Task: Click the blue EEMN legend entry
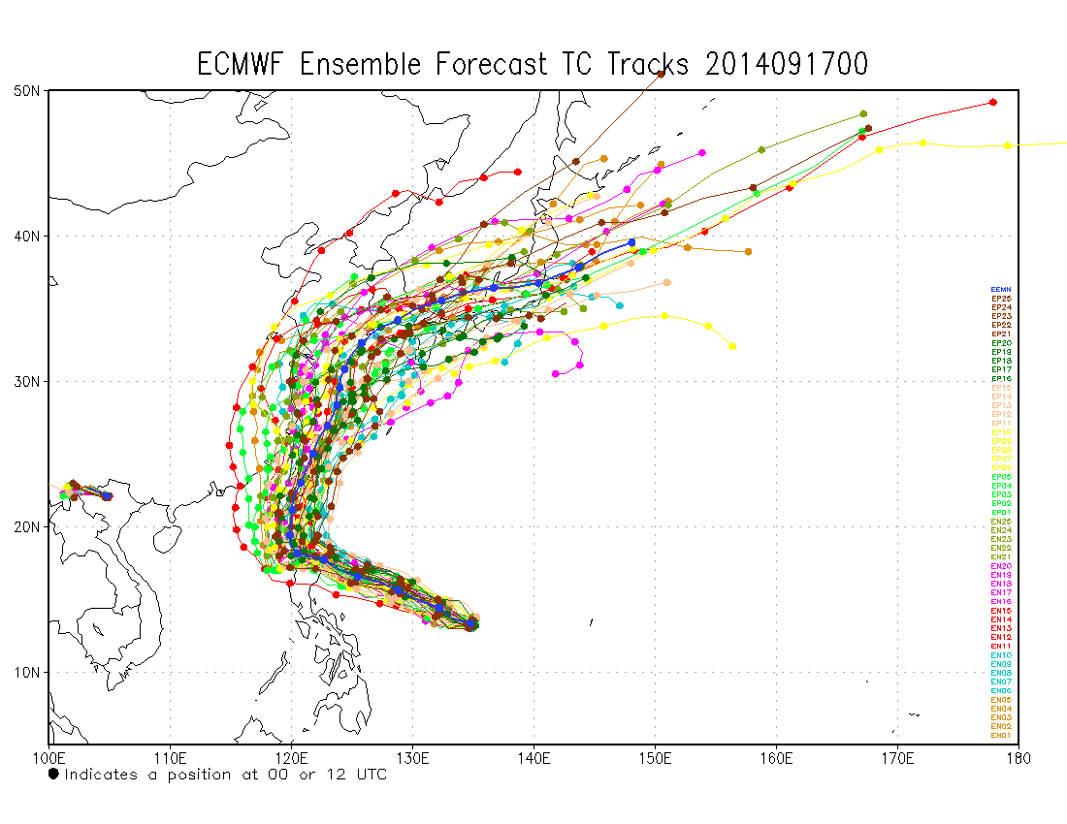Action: coord(1001,290)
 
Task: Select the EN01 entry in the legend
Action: coord(1001,736)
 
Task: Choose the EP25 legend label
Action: coord(1001,299)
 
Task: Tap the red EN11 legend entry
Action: coord(1001,646)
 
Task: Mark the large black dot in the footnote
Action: coord(53,774)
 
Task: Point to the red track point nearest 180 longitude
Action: coord(992,102)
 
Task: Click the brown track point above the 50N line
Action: coord(661,74)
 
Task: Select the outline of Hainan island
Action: coord(167,535)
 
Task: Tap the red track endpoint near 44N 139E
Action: coord(518,172)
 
